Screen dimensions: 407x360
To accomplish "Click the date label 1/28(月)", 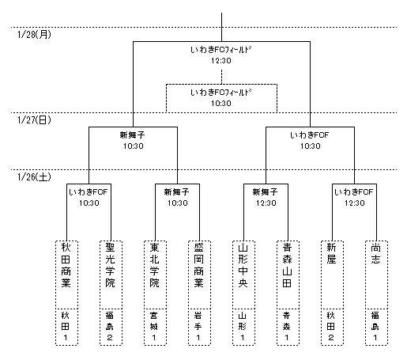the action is click(34, 35).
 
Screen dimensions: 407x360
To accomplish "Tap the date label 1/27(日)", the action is click(34, 120).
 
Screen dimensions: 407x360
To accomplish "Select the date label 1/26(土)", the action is click(34, 177).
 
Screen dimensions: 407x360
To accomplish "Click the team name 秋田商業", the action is click(66, 265).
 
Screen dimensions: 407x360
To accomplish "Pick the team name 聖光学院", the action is click(110, 265).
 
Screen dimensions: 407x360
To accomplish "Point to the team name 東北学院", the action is click(154, 265).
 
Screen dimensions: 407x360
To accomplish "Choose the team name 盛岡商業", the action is click(198, 265).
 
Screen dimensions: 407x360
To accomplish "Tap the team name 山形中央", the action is click(243, 265).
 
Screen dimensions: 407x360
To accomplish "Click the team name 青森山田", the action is click(287, 265).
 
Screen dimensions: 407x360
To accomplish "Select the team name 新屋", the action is click(331, 253).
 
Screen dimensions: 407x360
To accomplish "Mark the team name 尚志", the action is click(375, 253).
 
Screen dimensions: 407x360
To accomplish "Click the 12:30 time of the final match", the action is click(221, 61).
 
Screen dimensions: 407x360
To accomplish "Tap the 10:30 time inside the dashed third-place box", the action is click(221, 104).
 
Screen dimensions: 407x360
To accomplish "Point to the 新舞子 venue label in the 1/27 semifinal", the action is click(133, 135).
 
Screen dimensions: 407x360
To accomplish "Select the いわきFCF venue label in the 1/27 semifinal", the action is click(310, 135).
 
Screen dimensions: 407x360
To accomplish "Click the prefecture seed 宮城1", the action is click(154, 326).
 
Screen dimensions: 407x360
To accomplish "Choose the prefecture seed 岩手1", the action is click(198, 326).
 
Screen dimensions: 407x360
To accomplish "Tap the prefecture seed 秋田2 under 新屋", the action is click(331, 326).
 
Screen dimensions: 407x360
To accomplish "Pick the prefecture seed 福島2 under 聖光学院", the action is click(110, 326).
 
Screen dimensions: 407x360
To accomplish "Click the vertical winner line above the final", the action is click(221, 27).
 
